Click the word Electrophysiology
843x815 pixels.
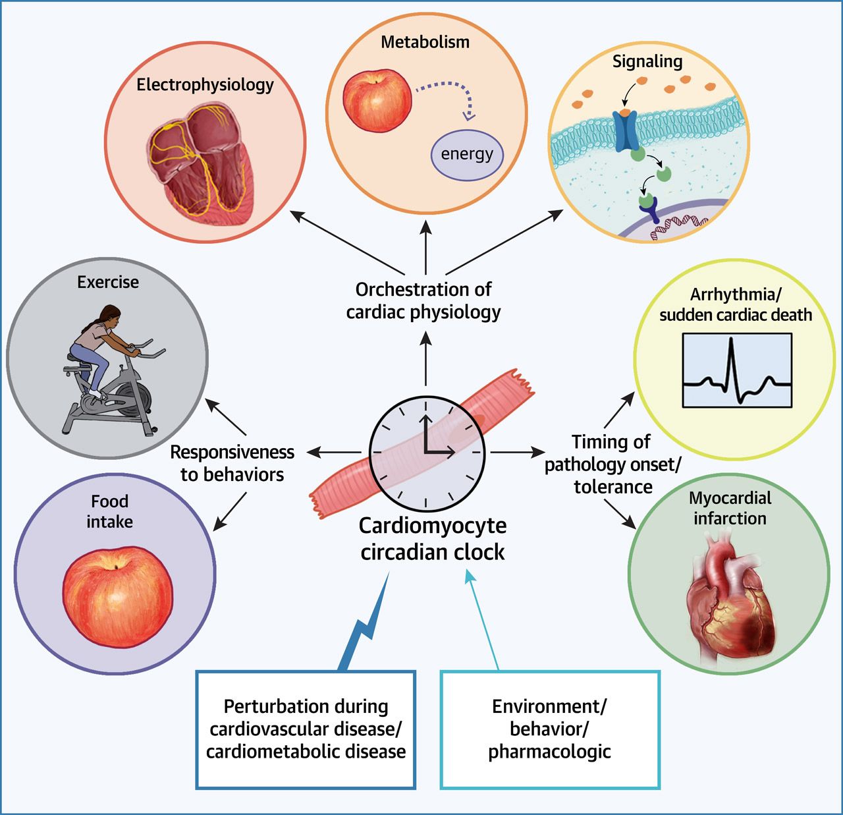tap(205, 84)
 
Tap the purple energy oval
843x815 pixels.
tap(467, 154)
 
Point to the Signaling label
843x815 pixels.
tap(647, 61)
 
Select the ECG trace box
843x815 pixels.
tap(737, 370)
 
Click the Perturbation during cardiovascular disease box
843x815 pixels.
tap(306, 729)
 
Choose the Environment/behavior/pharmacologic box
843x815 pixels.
tap(549, 729)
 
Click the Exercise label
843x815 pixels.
tap(108, 282)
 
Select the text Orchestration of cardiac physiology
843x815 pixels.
tap(423, 300)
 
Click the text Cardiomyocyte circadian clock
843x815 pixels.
tap(433, 538)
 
